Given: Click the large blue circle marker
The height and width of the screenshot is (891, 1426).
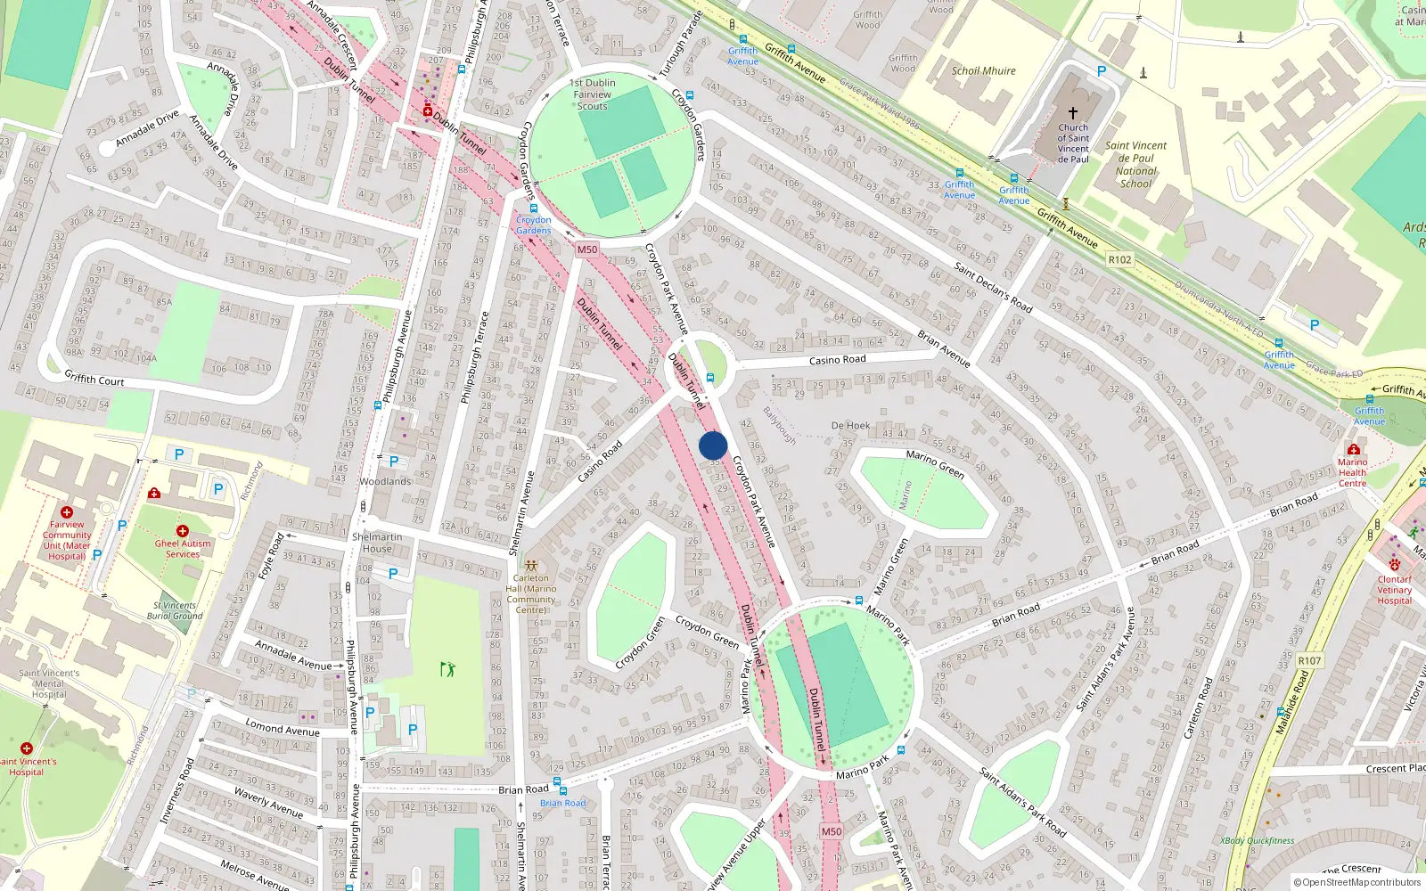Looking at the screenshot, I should pos(713,445).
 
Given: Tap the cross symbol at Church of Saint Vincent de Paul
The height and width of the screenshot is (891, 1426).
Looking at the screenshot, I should pos(1073,113).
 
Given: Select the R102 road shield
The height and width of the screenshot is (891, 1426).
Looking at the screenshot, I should pos(1119,260).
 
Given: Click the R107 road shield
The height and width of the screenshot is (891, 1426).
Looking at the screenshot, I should pos(1309,660).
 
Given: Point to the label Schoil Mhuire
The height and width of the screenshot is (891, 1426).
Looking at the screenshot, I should pos(983,70).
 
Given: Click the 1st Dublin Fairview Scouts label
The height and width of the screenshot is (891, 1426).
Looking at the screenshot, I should pos(593,94).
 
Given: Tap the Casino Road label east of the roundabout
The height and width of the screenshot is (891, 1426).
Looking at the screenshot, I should pos(837,360).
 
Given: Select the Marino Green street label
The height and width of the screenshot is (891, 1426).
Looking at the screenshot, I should pos(935,463).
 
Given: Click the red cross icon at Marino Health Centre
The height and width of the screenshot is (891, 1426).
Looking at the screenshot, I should pos(1354,449).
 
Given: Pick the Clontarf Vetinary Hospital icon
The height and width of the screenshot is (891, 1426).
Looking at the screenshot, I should pos(1395,565).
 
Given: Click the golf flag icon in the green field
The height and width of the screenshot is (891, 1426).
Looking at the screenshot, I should pos(447,668).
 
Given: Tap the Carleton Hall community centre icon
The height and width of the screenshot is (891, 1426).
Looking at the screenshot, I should pos(531,566).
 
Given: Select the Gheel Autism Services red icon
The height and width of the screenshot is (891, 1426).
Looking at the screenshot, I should pos(183,531).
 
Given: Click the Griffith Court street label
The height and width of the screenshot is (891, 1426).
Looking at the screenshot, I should pos(94,379).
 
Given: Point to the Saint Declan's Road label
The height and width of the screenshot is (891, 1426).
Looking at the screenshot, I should pos(993,288).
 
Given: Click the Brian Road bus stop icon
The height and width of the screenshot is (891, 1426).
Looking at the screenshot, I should pos(559,782).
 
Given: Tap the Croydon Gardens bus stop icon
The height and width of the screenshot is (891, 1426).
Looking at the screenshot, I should pos(534,208).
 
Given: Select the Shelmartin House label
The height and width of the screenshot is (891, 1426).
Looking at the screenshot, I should pos(377,543).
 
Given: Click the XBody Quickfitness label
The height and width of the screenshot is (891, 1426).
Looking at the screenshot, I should pos(1258,840).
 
